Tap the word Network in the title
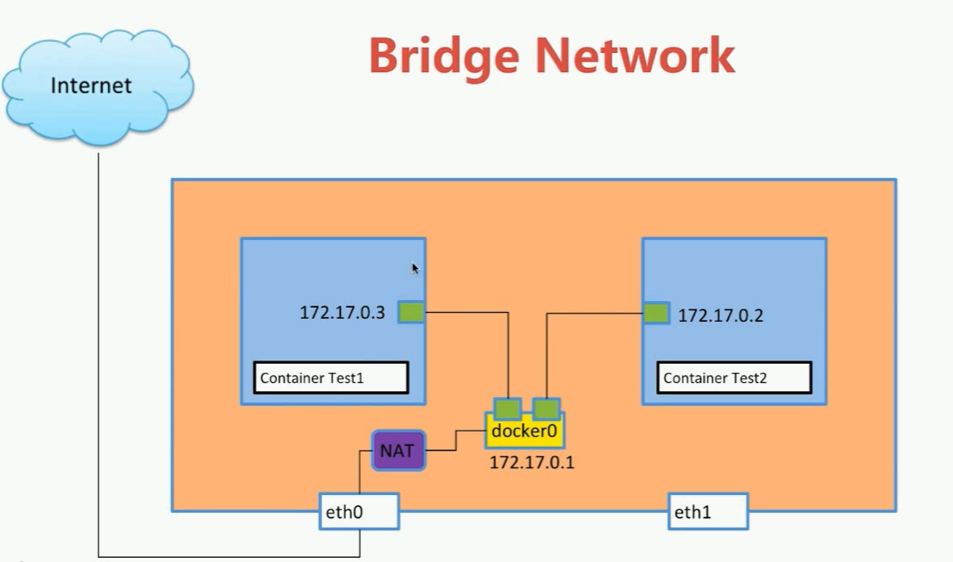tap(636, 56)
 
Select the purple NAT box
tap(398, 451)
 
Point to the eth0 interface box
tap(359, 511)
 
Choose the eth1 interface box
tap(707, 511)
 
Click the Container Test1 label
tap(330, 378)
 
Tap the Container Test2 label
tap(734, 378)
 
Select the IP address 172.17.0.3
tap(342, 314)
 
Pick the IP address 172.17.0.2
tap(720, 316)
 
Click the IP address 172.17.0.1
tap(532, 462)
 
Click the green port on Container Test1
tap(411, 313)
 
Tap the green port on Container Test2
tap(656, 314)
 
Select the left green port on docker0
tap(507, 408)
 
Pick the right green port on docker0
tap(546, 408)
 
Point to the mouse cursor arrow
tap(415, 268)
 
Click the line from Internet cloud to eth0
tap(99, 351)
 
